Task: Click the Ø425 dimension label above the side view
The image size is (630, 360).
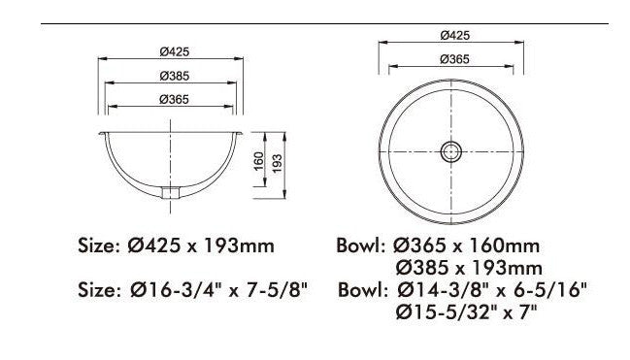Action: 174,51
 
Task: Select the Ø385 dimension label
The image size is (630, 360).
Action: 174,76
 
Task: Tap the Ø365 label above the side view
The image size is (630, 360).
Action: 174,99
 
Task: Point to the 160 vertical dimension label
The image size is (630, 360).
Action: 259,161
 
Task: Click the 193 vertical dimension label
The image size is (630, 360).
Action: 278,164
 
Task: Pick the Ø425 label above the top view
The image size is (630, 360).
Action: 455,35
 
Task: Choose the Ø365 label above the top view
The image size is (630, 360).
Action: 454,59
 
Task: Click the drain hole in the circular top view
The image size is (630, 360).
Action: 450,152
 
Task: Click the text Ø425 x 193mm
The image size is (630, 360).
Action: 201,245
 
